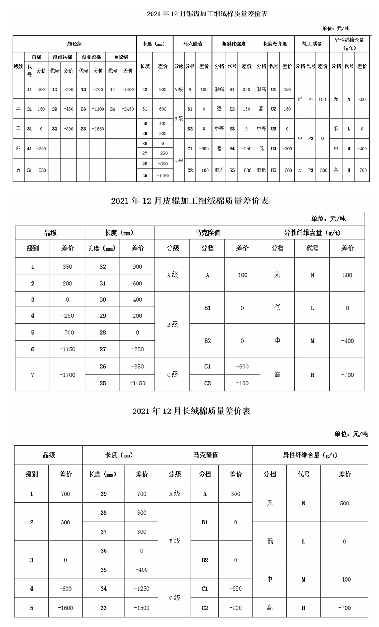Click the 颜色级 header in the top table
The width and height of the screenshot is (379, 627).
(74, 44)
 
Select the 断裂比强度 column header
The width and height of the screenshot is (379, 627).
(233, 44)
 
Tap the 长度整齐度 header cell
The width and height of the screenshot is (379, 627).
(275, 44)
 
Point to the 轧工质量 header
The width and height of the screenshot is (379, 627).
(312, 44)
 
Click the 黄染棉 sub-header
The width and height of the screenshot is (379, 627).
(121, 57)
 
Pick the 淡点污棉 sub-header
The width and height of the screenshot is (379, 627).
(62, 57)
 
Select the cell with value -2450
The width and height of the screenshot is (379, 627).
(128, 109)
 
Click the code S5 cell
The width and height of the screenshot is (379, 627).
(232, 170)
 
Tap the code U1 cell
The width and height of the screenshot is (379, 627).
(274, 90)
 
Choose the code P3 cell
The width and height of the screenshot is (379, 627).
(310, 170)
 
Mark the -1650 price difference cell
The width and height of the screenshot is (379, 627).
(98, 129)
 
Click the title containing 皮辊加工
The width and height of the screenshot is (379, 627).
(190, 201)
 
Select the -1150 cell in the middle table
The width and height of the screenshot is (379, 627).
(67, 349)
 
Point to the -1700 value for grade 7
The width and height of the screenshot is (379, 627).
(67, 375)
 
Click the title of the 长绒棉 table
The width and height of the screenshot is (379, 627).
(191, 411)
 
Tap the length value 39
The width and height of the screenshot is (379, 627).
(103, 494)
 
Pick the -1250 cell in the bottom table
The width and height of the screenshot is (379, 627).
(141, 589)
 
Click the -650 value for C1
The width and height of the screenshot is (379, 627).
(235, 589)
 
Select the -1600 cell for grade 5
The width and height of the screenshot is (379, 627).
(65, 608)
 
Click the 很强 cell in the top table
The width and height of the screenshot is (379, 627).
(219, 90)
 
